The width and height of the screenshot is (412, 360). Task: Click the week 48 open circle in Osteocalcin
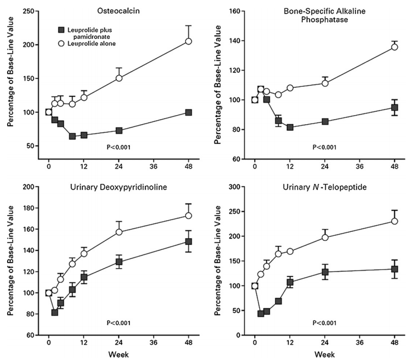click(189, 41)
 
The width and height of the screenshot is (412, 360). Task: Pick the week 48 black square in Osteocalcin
click(189, 112)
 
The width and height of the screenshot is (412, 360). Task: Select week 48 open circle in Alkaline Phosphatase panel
click(395, 47)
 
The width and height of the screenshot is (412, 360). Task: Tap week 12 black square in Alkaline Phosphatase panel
click(290, 127)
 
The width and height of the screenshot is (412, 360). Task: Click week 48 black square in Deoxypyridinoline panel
click(189, 241)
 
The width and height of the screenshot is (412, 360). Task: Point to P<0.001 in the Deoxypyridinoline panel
click(118, 322)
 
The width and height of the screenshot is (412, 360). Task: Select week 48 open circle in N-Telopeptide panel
click(395, 221)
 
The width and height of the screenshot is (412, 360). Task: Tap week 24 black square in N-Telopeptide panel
click(325, 272)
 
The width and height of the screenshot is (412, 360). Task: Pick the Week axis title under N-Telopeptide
click(324, 354)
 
